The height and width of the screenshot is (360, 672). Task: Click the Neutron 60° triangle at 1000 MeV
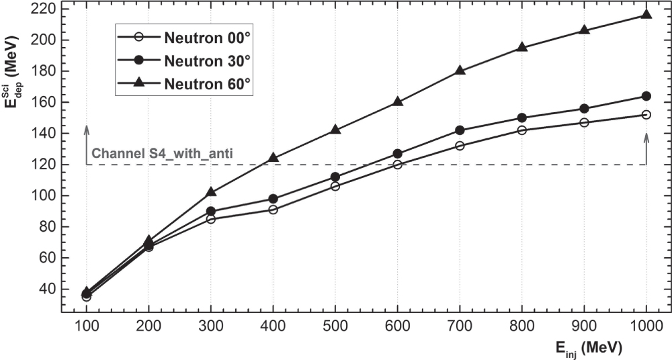pos(646,14)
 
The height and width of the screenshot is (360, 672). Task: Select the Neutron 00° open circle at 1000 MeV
pos(646,115)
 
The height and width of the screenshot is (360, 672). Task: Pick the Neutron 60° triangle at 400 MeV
pos(274,158)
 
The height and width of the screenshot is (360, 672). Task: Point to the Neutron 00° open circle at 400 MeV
pos(274,210)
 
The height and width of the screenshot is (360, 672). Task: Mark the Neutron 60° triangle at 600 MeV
pos(398,101)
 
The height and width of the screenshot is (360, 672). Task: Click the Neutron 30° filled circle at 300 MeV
pos(211,211)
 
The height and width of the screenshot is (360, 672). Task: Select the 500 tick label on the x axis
pos(335,325)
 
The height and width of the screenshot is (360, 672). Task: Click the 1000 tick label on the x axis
pos(646,325)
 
